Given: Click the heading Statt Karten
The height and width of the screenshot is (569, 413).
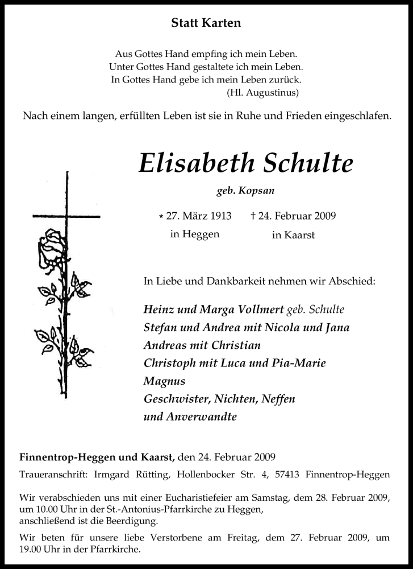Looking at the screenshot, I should point(206,23).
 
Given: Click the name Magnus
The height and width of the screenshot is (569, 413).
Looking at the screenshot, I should point(165,381).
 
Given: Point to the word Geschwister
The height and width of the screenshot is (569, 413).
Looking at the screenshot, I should point(177,398).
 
